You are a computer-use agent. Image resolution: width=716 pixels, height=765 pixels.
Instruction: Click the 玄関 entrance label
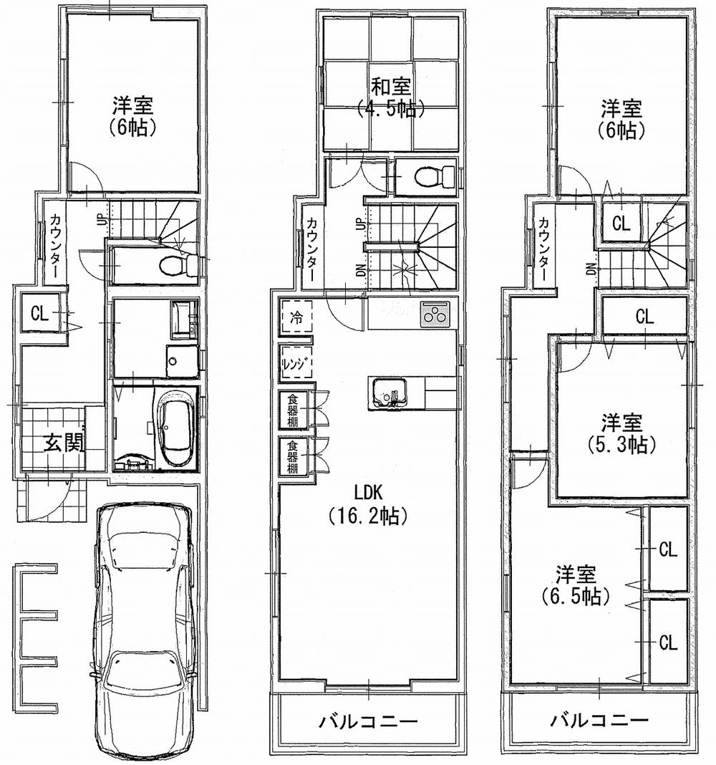click(x=64, y=444)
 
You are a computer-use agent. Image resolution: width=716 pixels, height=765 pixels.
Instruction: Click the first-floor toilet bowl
click(x=172, y=266)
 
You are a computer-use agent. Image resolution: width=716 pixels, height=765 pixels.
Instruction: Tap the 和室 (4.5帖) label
click(x=390, y=98)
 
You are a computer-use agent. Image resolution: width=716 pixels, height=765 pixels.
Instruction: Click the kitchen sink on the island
click(x=390, y=393)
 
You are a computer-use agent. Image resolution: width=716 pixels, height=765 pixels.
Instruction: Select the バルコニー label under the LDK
click(x=368, y=721)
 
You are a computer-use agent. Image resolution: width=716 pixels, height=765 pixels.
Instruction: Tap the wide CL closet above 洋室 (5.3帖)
click(x=644, y=316)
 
